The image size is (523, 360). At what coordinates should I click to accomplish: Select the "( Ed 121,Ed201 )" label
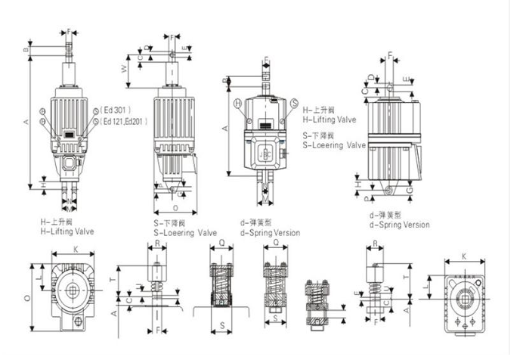click(125, 120)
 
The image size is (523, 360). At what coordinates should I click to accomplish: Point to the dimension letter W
click(123, 70)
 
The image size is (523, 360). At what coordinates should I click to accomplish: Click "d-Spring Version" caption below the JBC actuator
click(270, 233)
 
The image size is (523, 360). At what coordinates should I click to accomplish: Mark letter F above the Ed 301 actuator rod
click(70, 32)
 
